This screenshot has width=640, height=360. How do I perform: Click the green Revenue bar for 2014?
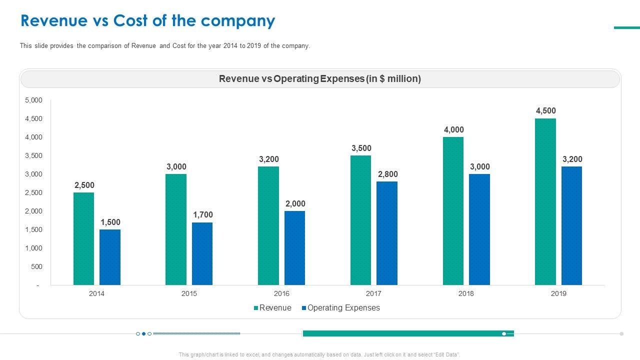coord(83,238)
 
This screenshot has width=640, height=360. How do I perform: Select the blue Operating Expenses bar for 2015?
coord(202,253)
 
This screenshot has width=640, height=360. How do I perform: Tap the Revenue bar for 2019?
coord(545,201)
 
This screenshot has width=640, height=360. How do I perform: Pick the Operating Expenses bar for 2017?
coord(386,233)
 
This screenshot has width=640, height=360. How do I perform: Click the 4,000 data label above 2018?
coord(453,130)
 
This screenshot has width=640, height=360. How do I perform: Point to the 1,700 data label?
coord(202,215)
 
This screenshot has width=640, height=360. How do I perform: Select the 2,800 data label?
coord(387,174)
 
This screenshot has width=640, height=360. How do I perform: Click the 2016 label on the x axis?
coord(281,293)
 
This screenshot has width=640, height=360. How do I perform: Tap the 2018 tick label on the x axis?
coord(466,293)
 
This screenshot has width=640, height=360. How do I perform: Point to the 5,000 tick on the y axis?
coord(33,100)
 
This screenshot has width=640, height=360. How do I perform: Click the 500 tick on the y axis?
coord(36,267)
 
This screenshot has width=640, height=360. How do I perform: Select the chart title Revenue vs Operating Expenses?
coord(320,79)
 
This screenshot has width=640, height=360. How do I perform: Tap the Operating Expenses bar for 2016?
coord(294,248)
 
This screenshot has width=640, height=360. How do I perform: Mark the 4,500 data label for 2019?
coord(545,111)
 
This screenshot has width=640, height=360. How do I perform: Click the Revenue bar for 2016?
coord(268,225)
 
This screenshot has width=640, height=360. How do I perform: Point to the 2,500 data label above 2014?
coord(84,185)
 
